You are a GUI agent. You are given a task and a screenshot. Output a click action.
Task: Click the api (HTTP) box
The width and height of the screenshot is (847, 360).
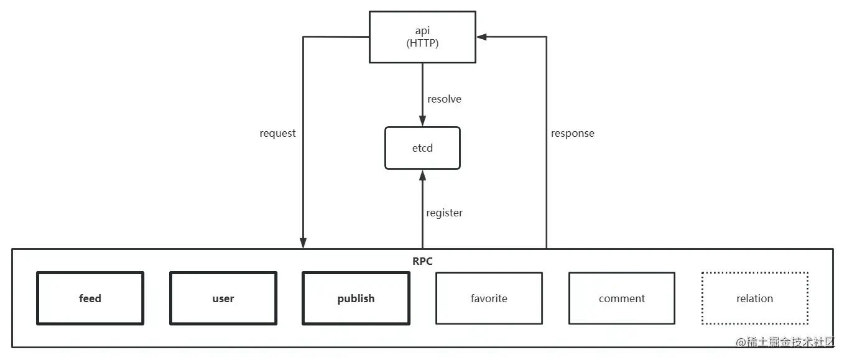coord(422,37)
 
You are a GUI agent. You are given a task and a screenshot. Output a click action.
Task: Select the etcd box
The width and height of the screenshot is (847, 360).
coord(422,148)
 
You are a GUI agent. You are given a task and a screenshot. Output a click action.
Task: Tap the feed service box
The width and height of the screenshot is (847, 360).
coord(90,298)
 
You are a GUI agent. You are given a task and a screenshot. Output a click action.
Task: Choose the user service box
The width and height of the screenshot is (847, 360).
coord(223,298)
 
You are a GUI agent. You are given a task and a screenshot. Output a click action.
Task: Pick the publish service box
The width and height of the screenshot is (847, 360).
coord(356,298)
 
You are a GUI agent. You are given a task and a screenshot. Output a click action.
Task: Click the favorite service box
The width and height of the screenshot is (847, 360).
coord(489,298)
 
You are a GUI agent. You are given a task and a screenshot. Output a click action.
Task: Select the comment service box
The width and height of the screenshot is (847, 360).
coord(622,298)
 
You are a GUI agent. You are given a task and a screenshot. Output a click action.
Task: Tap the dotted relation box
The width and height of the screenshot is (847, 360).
coord(754,298)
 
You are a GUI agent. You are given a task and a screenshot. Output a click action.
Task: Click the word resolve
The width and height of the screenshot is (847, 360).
coord(444,99)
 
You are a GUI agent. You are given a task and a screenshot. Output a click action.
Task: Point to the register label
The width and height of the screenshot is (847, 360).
coord(444,213)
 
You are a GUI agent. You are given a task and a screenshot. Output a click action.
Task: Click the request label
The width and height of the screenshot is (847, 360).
coord(277,133)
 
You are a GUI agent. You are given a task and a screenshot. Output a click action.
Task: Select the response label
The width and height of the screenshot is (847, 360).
coord(572,133)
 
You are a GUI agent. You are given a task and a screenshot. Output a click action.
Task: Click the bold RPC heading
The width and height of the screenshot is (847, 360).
coord(422,261)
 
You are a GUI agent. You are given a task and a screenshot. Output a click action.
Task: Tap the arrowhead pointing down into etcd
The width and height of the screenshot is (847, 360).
coord(422,121)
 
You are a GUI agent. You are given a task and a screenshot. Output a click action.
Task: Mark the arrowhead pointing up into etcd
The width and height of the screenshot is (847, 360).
coord(422,175)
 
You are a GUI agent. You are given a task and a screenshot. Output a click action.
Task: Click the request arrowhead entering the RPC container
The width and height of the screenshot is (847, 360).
coord(303,243)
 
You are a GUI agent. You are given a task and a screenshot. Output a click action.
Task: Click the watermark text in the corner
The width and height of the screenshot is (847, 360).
coord(785,343)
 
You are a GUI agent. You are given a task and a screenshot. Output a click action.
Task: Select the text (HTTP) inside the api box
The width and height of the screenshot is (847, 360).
coord(422,42)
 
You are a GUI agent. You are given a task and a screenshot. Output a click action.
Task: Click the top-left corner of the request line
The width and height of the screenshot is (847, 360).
coord(303,37)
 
